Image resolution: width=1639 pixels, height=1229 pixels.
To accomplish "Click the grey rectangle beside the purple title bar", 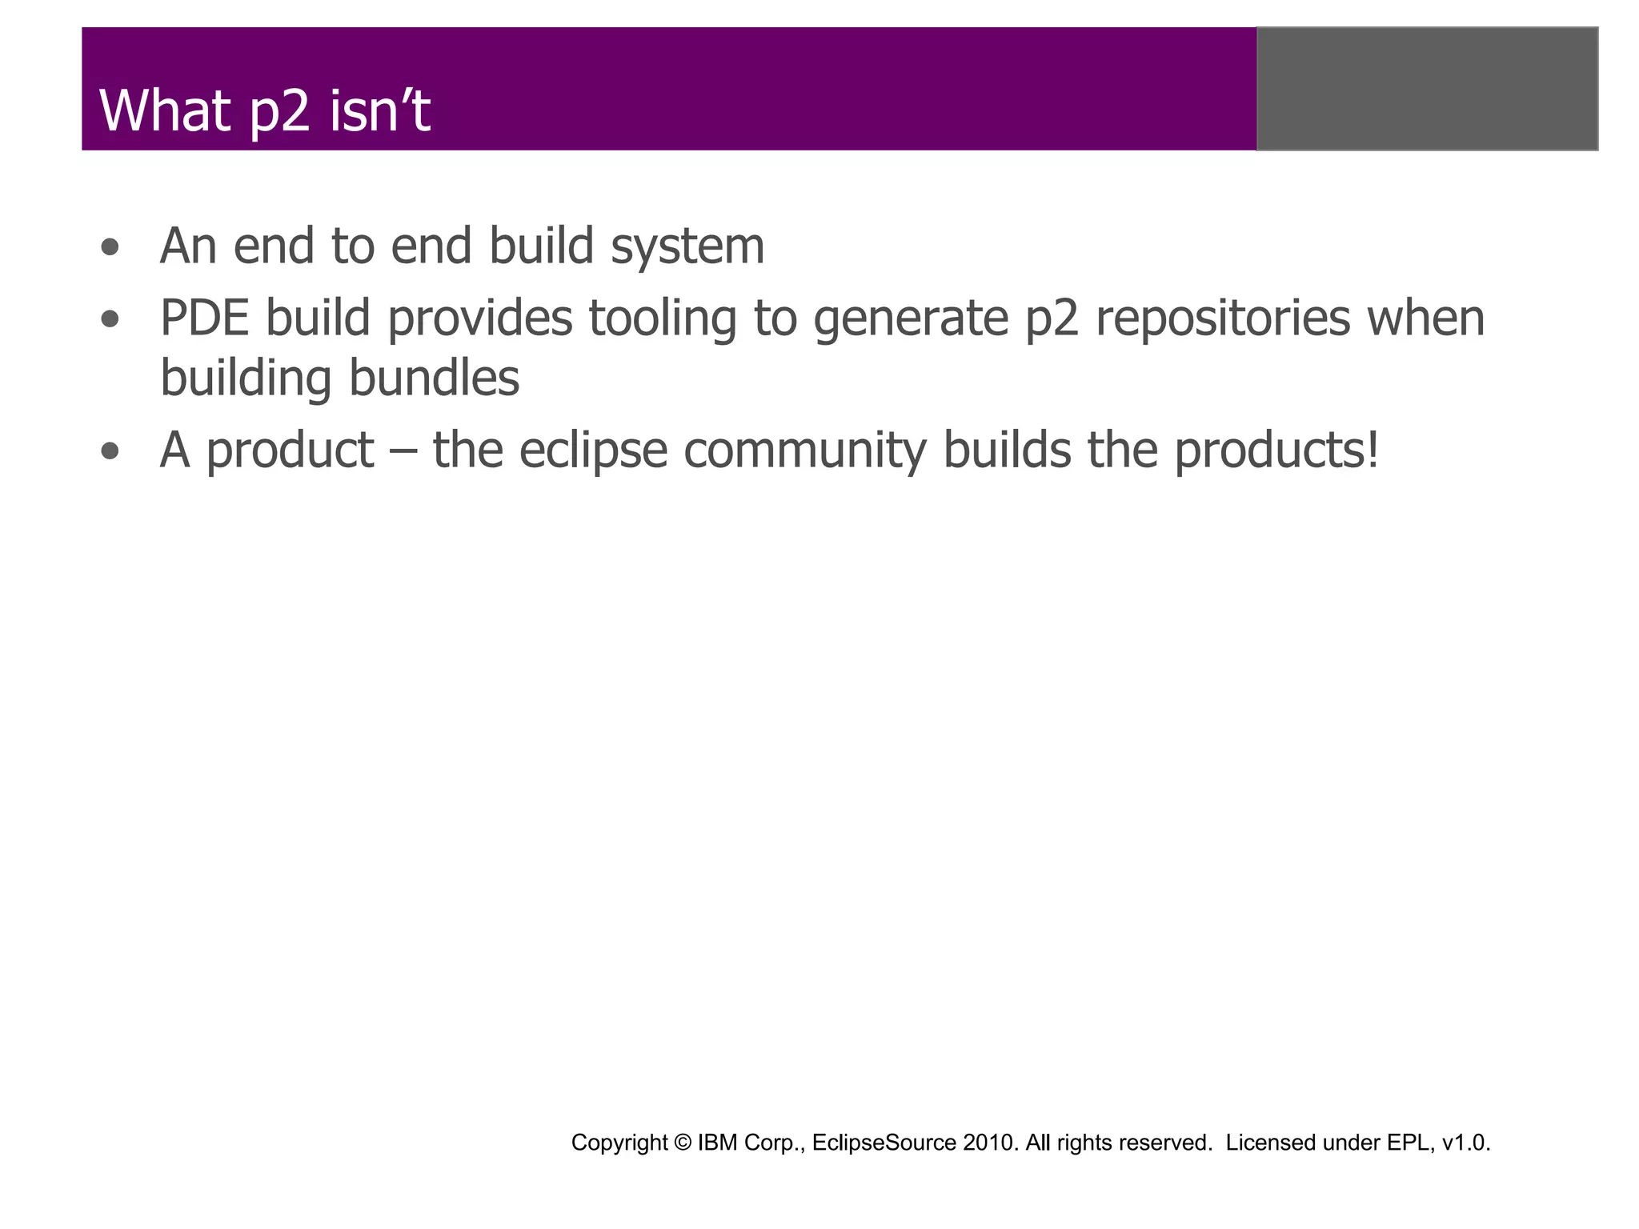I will pyautogui.click(x=1427, y=89).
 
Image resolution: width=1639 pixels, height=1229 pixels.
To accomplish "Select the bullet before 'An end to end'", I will pyautogui.click(x=110, y=247).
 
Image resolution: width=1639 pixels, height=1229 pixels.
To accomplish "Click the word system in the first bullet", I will pyautogui.click(x=687, y=247).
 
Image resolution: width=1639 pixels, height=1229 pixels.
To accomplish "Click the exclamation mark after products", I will pyautogui.click(x=1373, y=450).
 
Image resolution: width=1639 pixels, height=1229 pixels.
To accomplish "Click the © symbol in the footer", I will pyautogui.click(x=682, y=1143).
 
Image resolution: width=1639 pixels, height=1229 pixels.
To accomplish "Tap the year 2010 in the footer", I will pyautogui.click(x=990, y=1143).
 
